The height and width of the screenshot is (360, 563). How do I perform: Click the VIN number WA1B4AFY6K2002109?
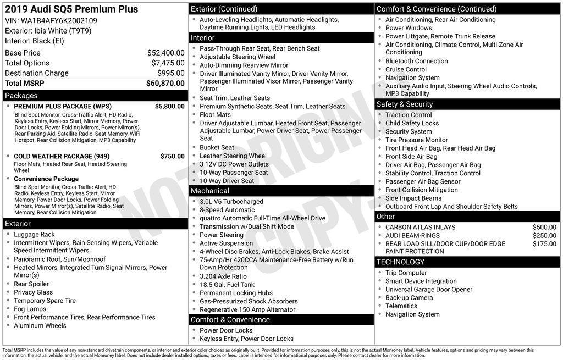59,20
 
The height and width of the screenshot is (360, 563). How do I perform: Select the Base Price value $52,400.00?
165,53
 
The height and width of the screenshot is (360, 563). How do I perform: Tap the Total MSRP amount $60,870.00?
165,83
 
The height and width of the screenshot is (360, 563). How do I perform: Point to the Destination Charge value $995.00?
170,73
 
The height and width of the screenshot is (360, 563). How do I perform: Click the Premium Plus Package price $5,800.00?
169,106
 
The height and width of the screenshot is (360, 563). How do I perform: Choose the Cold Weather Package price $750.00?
172,156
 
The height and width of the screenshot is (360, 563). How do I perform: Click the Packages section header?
21,96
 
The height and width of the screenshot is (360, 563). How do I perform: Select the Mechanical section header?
209,191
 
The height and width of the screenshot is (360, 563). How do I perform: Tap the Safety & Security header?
404,104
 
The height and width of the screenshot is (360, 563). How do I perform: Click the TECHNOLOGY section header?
400,262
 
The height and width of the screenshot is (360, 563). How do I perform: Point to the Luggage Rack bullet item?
34,234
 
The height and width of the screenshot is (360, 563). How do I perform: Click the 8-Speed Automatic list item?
227,209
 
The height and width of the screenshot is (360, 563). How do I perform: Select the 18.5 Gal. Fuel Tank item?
227,285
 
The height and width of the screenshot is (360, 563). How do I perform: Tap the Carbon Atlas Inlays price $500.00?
544,227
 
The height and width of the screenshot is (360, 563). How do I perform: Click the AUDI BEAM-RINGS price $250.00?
544,235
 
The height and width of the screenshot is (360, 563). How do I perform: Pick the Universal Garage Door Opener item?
428,289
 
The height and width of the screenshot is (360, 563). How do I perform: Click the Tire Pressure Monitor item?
416,140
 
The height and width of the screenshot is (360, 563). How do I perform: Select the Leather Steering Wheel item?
233,156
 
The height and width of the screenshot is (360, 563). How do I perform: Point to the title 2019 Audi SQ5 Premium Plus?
71,9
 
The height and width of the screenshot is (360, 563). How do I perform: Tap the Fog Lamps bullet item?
30,309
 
